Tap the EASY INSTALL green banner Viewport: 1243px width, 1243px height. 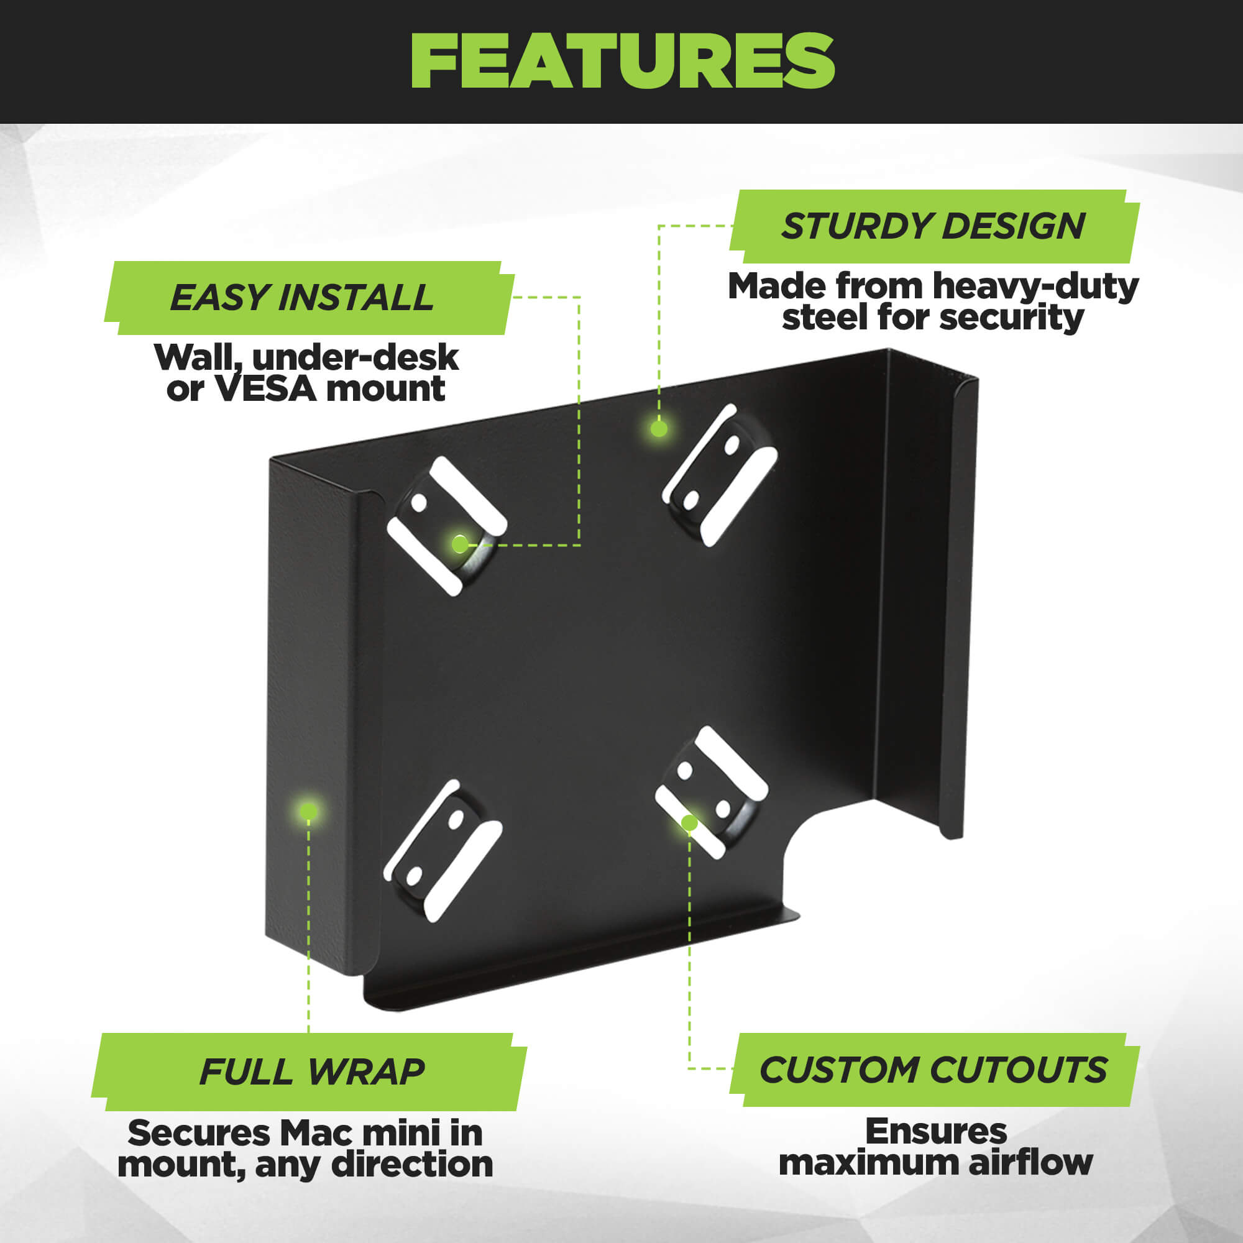pos(309,298)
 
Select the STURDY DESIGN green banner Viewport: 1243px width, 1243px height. pos(934,226)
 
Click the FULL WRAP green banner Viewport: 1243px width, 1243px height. pos(309,1072)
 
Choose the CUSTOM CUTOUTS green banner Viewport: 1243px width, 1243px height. pos(934,1070)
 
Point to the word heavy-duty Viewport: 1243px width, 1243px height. pos(1036,287)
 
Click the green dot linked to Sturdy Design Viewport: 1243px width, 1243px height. pos(658,428)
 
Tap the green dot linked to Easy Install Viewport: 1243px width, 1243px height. pos(459,544)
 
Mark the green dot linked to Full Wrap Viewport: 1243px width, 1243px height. pos(308,811)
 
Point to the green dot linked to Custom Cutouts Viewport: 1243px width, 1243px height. pos(689,823)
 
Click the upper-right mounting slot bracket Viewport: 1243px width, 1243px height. pos(720,475)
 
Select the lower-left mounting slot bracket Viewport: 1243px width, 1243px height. pos(443,851)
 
